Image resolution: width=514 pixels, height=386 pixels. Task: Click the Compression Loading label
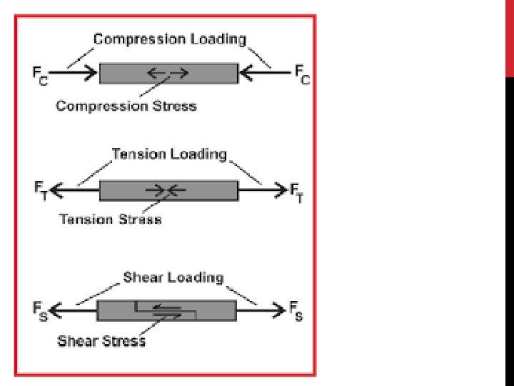170,39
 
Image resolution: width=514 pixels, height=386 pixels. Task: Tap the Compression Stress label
126,106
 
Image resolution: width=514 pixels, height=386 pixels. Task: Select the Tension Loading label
169,154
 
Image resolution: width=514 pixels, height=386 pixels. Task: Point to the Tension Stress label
111,219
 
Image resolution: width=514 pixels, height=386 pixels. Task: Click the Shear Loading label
173,277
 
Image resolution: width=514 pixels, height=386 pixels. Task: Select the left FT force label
41,192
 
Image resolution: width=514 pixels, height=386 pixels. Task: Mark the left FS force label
39,312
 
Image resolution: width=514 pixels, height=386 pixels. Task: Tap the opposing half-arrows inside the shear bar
168,310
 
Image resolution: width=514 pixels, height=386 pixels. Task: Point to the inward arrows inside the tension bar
166,190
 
